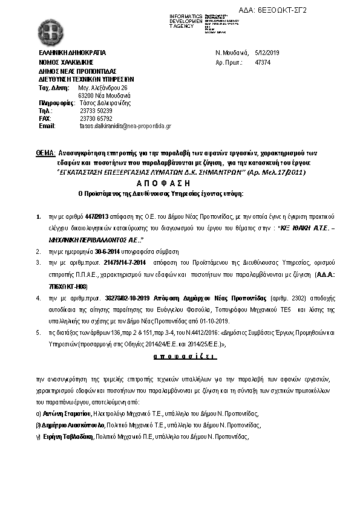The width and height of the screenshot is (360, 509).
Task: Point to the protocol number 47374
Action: pyautogui.click(x=263, y=63)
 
